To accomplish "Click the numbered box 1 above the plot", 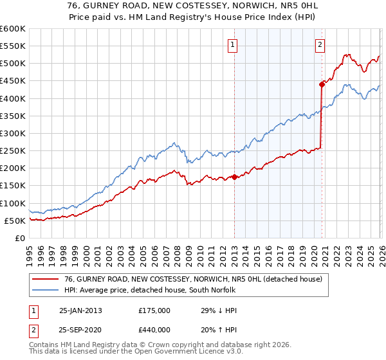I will point(232,44).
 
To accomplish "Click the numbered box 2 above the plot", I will point(320,44).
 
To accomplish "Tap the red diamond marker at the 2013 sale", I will point(234,177).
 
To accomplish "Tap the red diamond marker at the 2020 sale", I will point(321,84).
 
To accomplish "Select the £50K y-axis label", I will point(14,221).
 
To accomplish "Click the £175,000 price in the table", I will point(154,310).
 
